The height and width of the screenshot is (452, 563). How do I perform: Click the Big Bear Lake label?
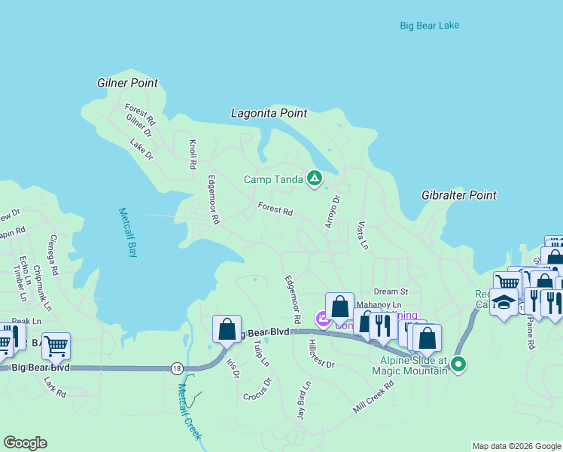click(429, 26)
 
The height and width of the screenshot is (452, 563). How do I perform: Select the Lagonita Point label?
click(269, 113)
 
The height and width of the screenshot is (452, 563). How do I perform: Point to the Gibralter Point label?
click(459, 195)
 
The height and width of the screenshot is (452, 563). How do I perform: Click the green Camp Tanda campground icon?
click(315, 179)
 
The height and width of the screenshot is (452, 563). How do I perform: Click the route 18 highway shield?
click(176, 368)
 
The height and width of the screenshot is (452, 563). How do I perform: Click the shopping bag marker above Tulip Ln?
click(227, 328)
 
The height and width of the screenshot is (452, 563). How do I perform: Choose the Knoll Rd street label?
click(193, 154)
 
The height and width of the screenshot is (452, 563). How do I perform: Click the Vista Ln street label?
click(362, 235)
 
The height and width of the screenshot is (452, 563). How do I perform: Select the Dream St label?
click(391, 292)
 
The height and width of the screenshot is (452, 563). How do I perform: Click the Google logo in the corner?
click(25, 443)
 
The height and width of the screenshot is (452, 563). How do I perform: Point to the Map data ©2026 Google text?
click(516, 446)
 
